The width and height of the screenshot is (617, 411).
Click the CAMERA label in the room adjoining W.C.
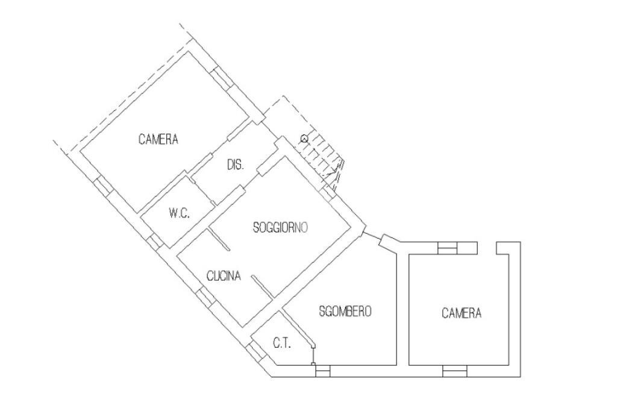pos(158,140)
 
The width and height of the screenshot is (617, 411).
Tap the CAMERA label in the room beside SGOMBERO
pos(462,313)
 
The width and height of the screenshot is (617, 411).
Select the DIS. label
pos(235,165)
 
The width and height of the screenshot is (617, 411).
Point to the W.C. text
pos(180,213)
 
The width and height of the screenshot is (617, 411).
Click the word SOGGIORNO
pos(281,228)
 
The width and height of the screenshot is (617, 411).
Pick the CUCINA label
pos(224,277)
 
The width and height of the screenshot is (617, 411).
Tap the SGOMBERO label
pos(345,312)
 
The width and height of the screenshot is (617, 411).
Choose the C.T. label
pos(282,344)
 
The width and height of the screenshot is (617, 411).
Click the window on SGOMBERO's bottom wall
pos(323,371)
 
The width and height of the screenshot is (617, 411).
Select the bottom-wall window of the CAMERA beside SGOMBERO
pos(454,371)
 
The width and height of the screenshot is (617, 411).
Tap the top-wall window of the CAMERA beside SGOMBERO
pos(447,247)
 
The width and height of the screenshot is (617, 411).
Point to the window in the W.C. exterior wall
pos(155,240)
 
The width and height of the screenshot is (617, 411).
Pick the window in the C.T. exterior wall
pos(254,350)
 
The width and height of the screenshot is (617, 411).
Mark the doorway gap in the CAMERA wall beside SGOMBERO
pos(487,247)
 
